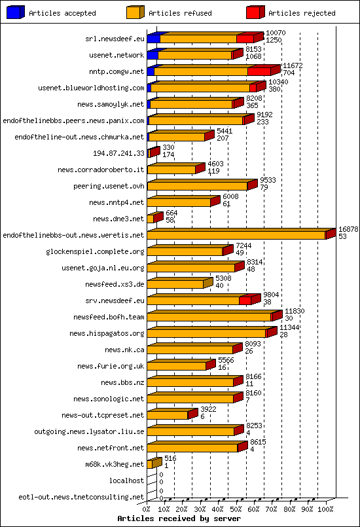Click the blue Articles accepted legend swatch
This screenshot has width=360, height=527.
pos(15,12)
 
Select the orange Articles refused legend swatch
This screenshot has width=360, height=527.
pos(135,12)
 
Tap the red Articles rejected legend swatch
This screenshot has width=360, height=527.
pos(255,12)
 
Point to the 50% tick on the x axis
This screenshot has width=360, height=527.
pos(236,508)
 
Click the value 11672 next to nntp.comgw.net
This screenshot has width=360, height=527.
pos(292,65)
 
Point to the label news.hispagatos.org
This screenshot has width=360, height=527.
pos(107,333)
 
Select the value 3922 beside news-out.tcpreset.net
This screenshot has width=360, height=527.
pos(208,409)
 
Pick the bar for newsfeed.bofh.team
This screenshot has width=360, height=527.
pos(209,317)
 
